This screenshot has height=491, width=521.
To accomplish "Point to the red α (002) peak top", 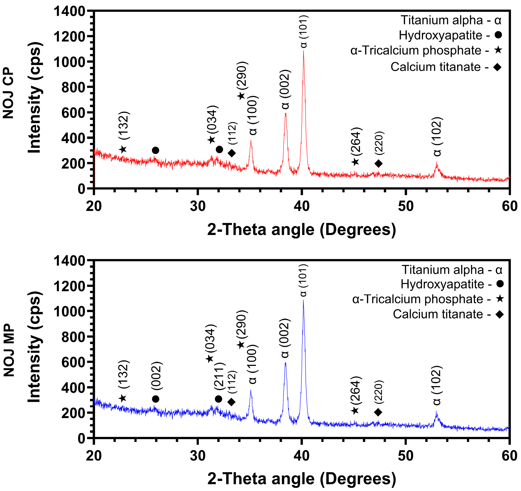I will [x=285, y=114].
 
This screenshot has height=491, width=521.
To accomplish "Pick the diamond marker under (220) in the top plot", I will [x=378, y=164].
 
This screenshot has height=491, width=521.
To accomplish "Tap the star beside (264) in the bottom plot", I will [x=355, y=411].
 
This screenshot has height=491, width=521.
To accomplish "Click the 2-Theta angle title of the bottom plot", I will [x=301, y=479].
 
